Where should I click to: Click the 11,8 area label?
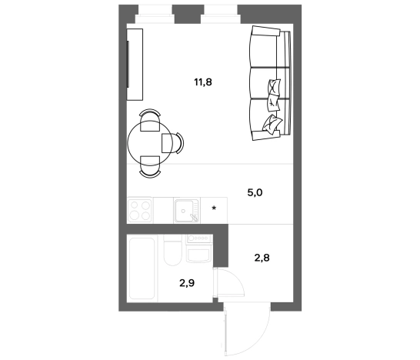click(203, 82)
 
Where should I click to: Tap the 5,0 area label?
click(255, 192)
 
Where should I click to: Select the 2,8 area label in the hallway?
click(262, 258)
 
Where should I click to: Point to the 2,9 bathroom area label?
click(187, 283)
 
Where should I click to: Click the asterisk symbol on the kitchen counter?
click(214, 208)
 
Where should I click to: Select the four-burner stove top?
click(139, 211)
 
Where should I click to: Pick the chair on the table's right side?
click(172, 143)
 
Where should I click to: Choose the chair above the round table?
click(150, 120)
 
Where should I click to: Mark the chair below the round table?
click(150, 167)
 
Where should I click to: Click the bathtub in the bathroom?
click(142, 268)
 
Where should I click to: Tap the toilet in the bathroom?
click(172, 251)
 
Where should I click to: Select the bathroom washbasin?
click(198, 255)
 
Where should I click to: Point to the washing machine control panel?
click(198, 238)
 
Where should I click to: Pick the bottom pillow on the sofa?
click(272, 124)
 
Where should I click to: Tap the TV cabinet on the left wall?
click(135, 65)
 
